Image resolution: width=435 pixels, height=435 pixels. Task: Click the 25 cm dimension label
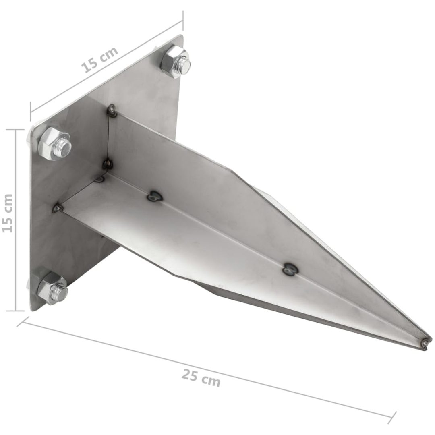pyautogui.click(x=201, y=378)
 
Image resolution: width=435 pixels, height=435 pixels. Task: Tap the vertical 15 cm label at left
pyautogui.click(x=8, y=213)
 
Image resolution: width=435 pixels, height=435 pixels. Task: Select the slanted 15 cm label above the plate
pyautogui.click(x=99, y=60)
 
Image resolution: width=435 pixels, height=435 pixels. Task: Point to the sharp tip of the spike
pyautogui.click(x=431, y=341)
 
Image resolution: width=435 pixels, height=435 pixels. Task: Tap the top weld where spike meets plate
pyautogui.click(x=112, y=110)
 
